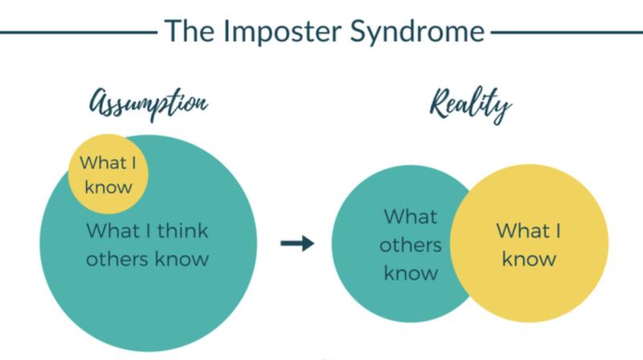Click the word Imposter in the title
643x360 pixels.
(283, 32)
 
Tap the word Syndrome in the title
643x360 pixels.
(417, 32)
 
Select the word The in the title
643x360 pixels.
(190, 31)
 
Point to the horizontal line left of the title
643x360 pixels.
(79, 32)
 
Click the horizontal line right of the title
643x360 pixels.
(567, 32)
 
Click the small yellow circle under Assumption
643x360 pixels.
(108, 174)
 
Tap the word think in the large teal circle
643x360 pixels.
(183, 231)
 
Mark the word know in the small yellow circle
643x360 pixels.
(109, 187)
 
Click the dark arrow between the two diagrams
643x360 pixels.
(297, 243)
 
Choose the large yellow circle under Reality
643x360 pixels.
(529, 243)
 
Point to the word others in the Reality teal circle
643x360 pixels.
(411, 245)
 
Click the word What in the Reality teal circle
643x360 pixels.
(411, 216)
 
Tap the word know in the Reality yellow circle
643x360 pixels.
(529, 259)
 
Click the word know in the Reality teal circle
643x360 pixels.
(411, 273)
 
